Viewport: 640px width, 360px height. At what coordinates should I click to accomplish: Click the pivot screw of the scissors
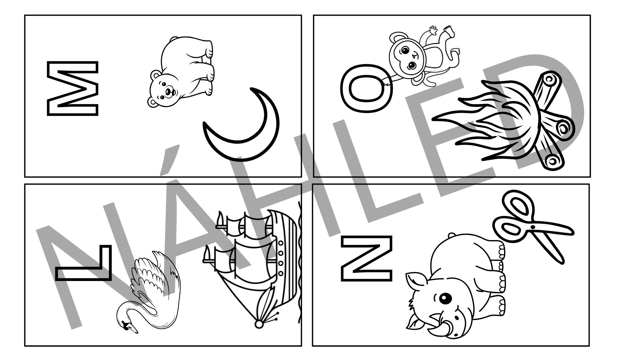[532, 227]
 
